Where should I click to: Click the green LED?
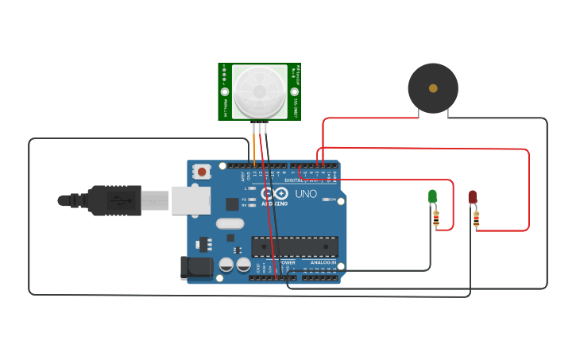432,195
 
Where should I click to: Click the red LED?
472,196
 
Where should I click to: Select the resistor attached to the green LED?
436,217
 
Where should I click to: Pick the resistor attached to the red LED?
476,218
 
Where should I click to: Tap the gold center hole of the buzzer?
433,88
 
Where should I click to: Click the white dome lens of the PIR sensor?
260,91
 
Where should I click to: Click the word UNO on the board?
306,194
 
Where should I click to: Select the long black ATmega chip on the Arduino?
294,246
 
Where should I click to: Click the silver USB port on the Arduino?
191,201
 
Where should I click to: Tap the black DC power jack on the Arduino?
196,268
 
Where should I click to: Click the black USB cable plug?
115,200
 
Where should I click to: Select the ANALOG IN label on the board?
323,262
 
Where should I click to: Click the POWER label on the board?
286,262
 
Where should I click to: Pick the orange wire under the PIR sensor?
254,143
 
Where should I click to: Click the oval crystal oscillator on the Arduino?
230,223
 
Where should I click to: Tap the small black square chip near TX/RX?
232,203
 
